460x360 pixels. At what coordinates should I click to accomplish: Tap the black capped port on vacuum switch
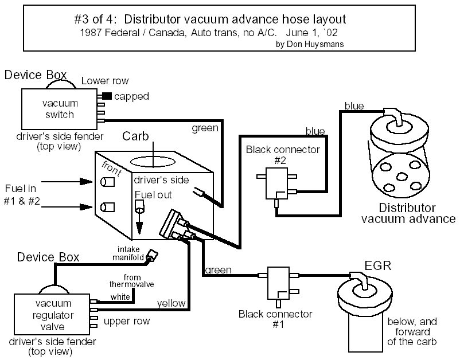point(107,96)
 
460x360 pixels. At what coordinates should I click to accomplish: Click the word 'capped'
point(131,96)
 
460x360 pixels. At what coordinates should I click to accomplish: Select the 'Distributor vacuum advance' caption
point(408,213)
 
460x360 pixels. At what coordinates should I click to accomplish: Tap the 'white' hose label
point(120,298)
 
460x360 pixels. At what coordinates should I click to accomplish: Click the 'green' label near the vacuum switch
point(204,128)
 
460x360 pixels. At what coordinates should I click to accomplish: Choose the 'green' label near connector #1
point(218,269)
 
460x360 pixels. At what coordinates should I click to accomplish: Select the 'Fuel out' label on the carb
point(153,194)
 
